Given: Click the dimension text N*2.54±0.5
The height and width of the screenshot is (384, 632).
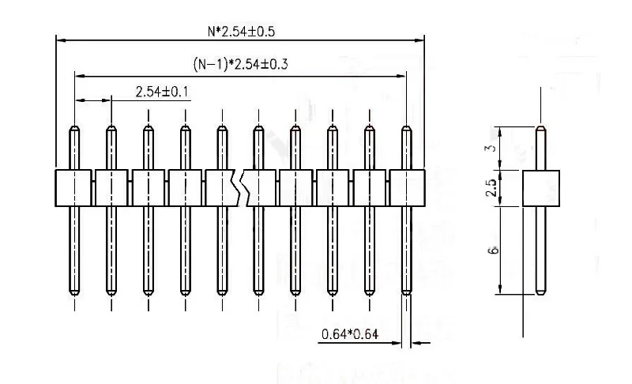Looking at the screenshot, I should click(x=240, y=32).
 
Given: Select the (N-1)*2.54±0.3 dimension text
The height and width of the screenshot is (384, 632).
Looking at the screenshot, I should click(x=240, y=65).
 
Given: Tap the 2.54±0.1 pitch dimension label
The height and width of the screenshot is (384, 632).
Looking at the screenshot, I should click(x=162, y=92).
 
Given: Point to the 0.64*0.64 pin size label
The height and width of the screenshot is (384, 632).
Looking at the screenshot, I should click(x=350, y=334).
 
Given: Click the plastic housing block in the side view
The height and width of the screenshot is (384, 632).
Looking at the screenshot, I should click(x=541, y=188).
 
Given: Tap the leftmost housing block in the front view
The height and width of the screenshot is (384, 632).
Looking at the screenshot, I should click(x=73, y=188).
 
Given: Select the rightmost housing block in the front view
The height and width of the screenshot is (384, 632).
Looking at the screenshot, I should click(x=407, y=188).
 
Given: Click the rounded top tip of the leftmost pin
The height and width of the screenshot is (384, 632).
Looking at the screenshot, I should click(x=73, y=129).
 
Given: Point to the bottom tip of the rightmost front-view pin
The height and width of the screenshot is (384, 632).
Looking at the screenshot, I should click(x=407, y=292).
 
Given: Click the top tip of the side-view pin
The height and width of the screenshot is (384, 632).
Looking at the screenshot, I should click(x=541, y=129).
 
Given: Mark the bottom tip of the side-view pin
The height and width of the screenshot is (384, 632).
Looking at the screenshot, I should click(x=541, y=292).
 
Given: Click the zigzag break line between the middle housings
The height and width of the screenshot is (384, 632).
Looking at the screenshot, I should click(x=242, y=188).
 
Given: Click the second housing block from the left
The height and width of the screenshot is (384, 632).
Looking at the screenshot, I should click(x=111, y=188).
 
